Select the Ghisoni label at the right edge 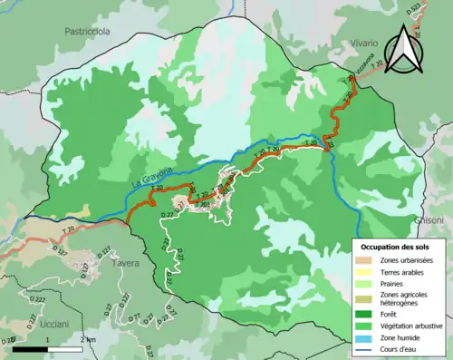point(429,220)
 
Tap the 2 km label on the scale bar point(86,339)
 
